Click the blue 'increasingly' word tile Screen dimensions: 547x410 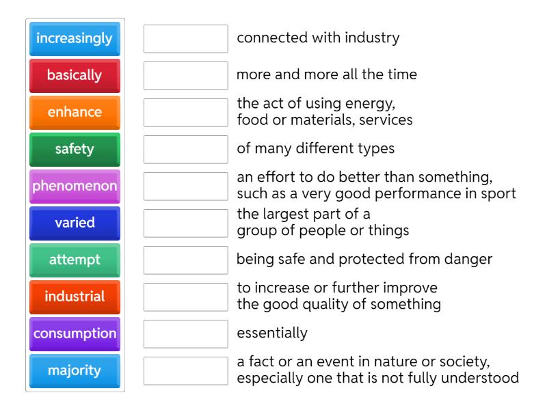point(75,39)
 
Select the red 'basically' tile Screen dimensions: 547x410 point(75,76)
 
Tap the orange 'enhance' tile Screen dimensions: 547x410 point(75,113)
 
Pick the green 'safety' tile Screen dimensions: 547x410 point(75,150)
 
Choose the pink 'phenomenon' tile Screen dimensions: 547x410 point(75,187)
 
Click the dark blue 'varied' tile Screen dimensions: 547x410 point(75,223)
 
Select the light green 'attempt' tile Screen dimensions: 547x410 point(75,260)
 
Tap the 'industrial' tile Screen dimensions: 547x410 point(75,297)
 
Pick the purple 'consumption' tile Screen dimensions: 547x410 point(75,334)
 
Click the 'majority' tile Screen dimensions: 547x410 point(75,371)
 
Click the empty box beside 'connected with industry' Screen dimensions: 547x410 point(186,39)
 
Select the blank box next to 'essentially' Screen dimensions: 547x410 point(186,334)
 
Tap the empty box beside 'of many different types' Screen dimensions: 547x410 point(186,150)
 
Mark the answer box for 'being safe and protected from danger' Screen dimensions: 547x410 point(186,260)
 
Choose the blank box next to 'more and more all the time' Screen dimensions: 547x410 point(186,76)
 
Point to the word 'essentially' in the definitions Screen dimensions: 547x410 point(272,333)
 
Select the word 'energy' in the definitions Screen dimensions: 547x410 point(370,104)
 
